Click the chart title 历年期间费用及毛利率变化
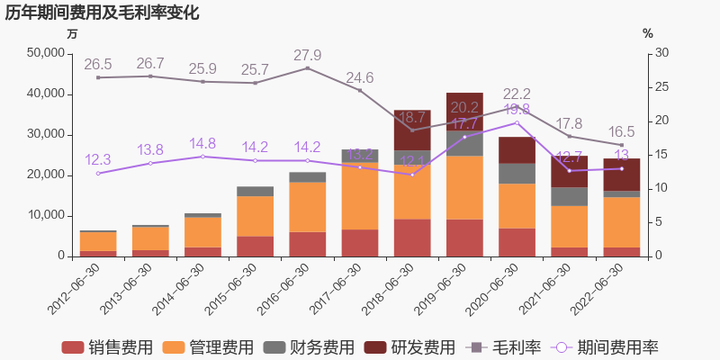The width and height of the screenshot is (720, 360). tap(102, 13)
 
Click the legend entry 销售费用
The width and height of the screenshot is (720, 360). tap(107, 347)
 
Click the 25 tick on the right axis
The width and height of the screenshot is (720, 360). tap(661, 87)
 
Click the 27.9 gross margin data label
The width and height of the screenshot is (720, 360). tap(308, 55)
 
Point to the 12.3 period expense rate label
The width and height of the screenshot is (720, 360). tap(98, 159)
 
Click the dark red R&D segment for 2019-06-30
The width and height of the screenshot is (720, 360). tap(464, 112)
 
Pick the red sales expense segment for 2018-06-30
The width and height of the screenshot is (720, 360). tap(412, 238)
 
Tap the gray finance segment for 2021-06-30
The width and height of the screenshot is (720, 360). tap(569, 196)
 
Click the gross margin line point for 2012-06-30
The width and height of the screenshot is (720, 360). tap(98, 77)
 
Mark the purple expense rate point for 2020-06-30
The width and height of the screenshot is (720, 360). tap(517, 122)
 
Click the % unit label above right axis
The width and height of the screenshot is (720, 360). tap(648, 33)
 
